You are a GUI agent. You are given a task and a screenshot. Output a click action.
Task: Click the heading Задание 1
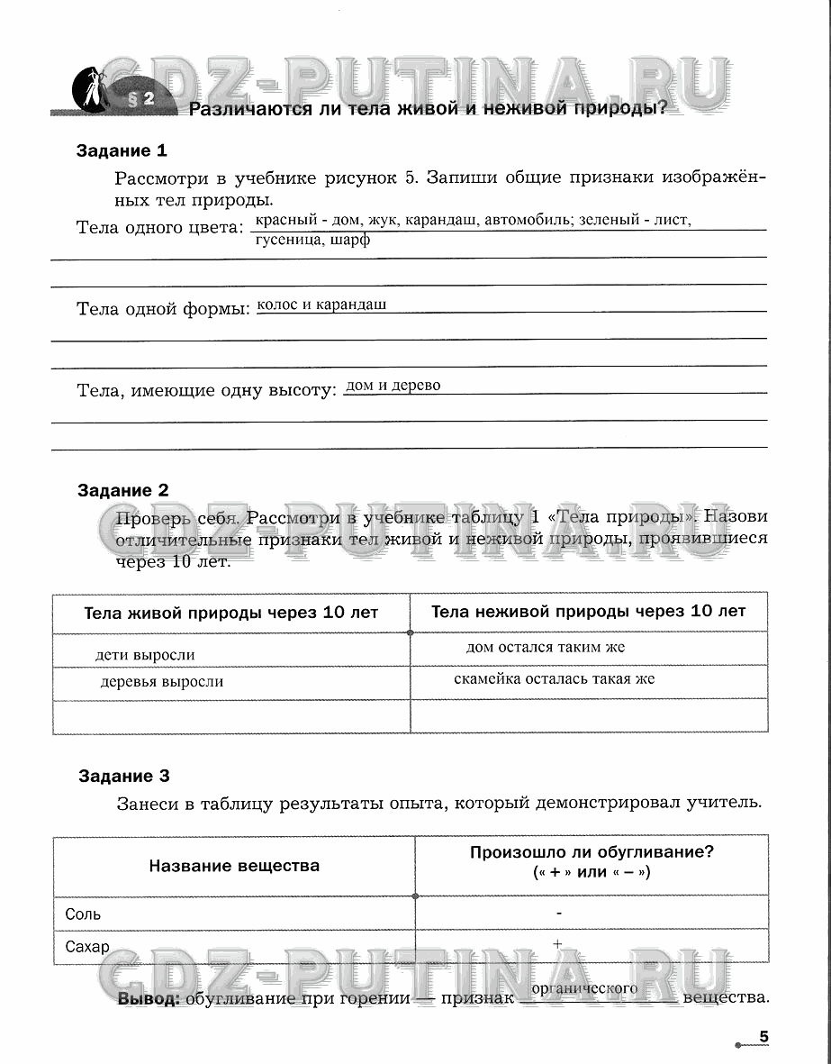[122, 151]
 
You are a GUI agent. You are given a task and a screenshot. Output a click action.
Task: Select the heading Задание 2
[123, 491]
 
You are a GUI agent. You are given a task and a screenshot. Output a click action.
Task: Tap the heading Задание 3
[123, 776]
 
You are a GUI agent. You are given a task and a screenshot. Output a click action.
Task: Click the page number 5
[763, 1037]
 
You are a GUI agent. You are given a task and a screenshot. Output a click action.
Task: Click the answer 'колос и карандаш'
[321, 305]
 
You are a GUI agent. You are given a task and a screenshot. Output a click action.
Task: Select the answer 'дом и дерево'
[393, 386]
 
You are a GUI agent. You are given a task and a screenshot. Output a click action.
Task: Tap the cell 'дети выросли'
[145, 655]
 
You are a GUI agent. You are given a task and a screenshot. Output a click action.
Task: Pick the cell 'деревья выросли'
[162, 682]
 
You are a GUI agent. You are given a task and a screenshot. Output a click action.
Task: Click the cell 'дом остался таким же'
[546, 647]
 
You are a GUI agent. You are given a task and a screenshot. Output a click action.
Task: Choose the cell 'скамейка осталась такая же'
[554, 678]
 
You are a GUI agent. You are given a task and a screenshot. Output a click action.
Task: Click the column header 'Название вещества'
[234, 866]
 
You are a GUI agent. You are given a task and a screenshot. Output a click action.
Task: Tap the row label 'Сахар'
[87, 947]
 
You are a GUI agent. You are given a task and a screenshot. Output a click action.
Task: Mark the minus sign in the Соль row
[559, 913]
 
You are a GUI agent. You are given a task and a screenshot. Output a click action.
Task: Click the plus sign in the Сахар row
[557, 943]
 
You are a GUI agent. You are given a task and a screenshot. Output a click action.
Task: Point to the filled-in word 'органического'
[585, 988]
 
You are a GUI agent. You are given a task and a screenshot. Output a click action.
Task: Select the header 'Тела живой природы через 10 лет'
[231, 613]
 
